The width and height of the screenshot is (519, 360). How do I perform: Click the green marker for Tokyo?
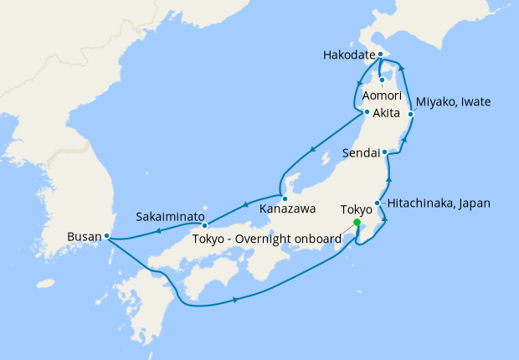[x=357, y=223]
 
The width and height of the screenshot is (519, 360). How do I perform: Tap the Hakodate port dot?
[x=380, y=55]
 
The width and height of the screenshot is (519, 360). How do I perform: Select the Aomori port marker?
[x=382, y=80]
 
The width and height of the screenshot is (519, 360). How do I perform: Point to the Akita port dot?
[x=367, y=112]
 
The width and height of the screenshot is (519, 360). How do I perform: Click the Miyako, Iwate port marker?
[x=411, y=113]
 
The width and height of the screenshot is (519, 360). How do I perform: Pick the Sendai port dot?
[x=384, y=152]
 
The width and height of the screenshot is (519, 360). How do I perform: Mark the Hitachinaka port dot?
[x=378, y=203]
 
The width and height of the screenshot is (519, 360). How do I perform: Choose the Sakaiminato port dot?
[x=204, y=224]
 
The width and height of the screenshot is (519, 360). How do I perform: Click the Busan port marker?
[x=107, y=236]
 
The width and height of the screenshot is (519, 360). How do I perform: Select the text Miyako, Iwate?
[x=453, y=102]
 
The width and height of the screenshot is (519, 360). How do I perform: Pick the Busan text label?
[x=85, y=236]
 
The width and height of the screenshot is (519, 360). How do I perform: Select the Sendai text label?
[x=362, y=153]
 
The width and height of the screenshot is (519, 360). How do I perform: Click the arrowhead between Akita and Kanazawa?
[x=313, y=151]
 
